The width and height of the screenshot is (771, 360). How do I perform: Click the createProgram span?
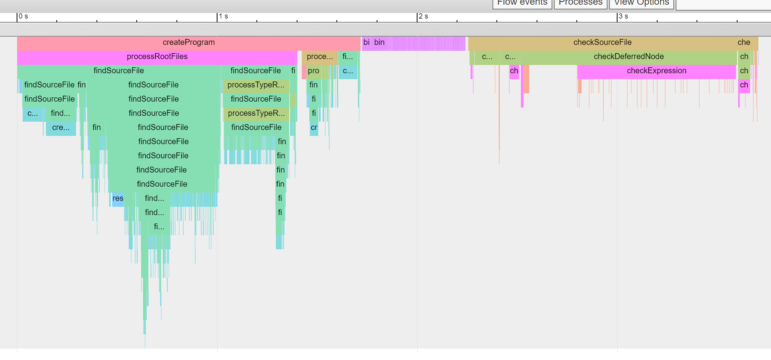(x=189, y=43)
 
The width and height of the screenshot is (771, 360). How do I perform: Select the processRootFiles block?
(x=157, y=57)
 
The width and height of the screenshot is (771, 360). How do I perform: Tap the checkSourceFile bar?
(x=602, y=43)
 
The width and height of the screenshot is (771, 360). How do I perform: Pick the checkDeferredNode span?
(x=628, y=57)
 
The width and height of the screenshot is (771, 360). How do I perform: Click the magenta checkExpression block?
(x=656, y=71)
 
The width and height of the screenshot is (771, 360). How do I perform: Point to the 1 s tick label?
(x=223, y=17)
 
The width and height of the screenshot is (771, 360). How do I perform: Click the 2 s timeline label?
(x=423, y=17)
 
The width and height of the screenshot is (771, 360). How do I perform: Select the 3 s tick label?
(x=623, y=17)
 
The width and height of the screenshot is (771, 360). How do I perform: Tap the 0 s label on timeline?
(x=23, y=17)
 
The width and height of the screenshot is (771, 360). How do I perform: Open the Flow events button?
(x=522, y=3)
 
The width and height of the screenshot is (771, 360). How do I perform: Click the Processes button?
(x=580, y=3)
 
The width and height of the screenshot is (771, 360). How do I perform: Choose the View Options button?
(x=641, y=3)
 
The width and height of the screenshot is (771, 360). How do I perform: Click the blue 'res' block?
(x=118, y=199)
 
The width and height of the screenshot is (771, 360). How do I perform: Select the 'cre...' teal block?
(x=61, y=128)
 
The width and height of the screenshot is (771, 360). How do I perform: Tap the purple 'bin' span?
(x=379, y=43)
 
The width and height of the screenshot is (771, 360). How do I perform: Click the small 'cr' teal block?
(x=314, y=128)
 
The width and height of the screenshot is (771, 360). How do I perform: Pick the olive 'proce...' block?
(x=320, y=57)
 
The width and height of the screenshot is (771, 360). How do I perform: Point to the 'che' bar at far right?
(x=744, y=43)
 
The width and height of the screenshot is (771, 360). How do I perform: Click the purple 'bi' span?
(x=366, y=43)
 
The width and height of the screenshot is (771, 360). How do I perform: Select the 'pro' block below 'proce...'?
(x=314, y=71)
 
